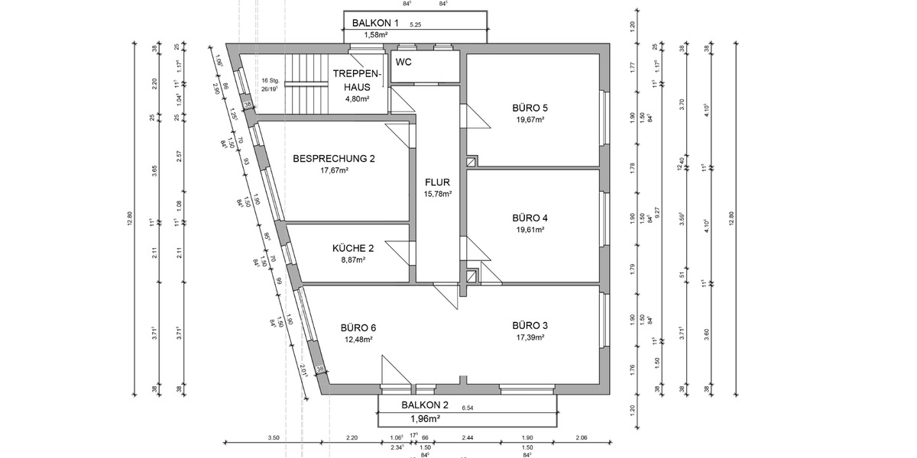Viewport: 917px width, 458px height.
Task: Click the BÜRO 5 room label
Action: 530,108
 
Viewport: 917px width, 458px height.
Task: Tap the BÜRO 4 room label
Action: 530,218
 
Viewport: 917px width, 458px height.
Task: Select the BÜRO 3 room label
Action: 530,325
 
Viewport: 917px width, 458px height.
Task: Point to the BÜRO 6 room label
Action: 358,327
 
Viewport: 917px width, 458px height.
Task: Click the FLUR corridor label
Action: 438,182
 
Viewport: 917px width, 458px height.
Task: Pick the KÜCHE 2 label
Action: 353,248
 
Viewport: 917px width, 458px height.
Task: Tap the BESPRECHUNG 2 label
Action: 334,159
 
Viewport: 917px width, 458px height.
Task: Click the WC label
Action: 404,62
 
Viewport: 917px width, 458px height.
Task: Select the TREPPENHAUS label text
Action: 357,80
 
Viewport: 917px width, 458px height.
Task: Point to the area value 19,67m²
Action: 530,120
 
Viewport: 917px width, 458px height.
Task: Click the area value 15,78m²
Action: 438,194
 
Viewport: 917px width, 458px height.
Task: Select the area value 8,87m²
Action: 353,260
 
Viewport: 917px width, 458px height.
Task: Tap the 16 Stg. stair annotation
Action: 269,80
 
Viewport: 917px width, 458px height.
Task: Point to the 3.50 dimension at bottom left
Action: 274,437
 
